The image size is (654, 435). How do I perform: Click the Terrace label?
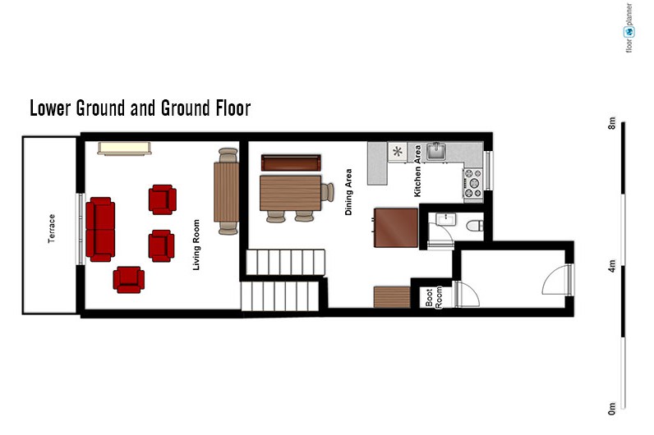(51, 228)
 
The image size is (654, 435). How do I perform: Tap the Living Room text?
(196, 245)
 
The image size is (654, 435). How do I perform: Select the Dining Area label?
(348, 192)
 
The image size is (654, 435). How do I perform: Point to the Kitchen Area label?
(417, 171)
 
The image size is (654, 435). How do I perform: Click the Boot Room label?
(434, 297)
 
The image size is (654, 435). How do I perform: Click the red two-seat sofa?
(100, 229)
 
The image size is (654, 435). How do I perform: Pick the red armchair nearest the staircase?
(161, 246)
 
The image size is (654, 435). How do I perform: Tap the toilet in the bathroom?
(475, 226)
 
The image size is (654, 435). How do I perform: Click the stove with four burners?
(473, 183)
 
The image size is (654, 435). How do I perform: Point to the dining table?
(290, 193)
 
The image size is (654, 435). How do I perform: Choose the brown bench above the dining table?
(291, 163)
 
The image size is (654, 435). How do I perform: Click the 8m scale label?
(611, 123)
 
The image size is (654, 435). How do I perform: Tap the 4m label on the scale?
(611, 266)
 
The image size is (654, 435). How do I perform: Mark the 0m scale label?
(611, 409)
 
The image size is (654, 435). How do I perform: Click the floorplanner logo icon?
(629, 32)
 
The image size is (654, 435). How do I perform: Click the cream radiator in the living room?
(124, 149)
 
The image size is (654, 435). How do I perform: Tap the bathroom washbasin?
(445, 219)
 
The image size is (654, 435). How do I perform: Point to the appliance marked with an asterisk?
(398, 152)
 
